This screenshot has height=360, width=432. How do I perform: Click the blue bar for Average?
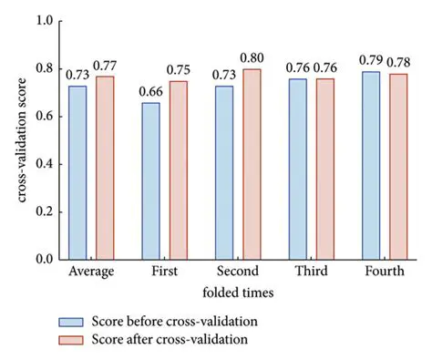point(77,172)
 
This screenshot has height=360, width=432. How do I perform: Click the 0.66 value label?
point(150,92)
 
